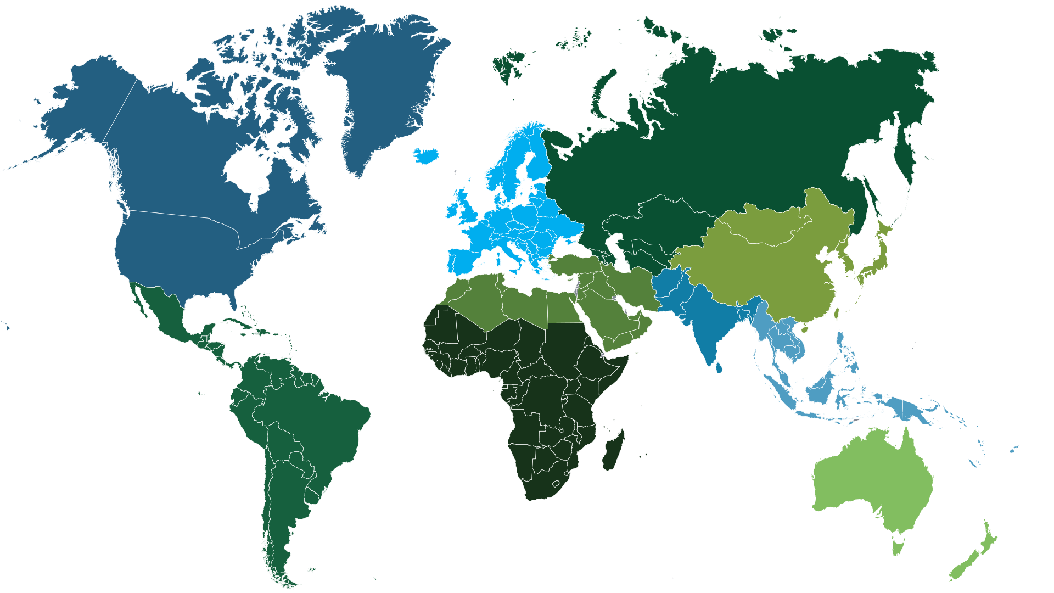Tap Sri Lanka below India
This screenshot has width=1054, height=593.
point(719,367)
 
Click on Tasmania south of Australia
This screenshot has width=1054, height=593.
point(898,547)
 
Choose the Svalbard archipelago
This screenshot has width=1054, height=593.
point(508,63)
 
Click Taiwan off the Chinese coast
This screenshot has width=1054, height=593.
point(837,314)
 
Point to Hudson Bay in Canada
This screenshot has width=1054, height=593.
point(247,170)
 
